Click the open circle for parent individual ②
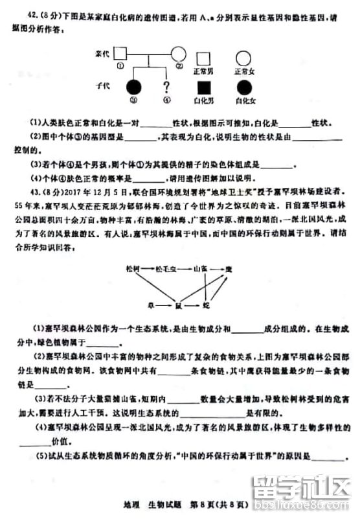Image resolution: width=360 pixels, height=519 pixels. pos(179,54)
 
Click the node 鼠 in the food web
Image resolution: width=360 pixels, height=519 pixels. pos(178,304)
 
